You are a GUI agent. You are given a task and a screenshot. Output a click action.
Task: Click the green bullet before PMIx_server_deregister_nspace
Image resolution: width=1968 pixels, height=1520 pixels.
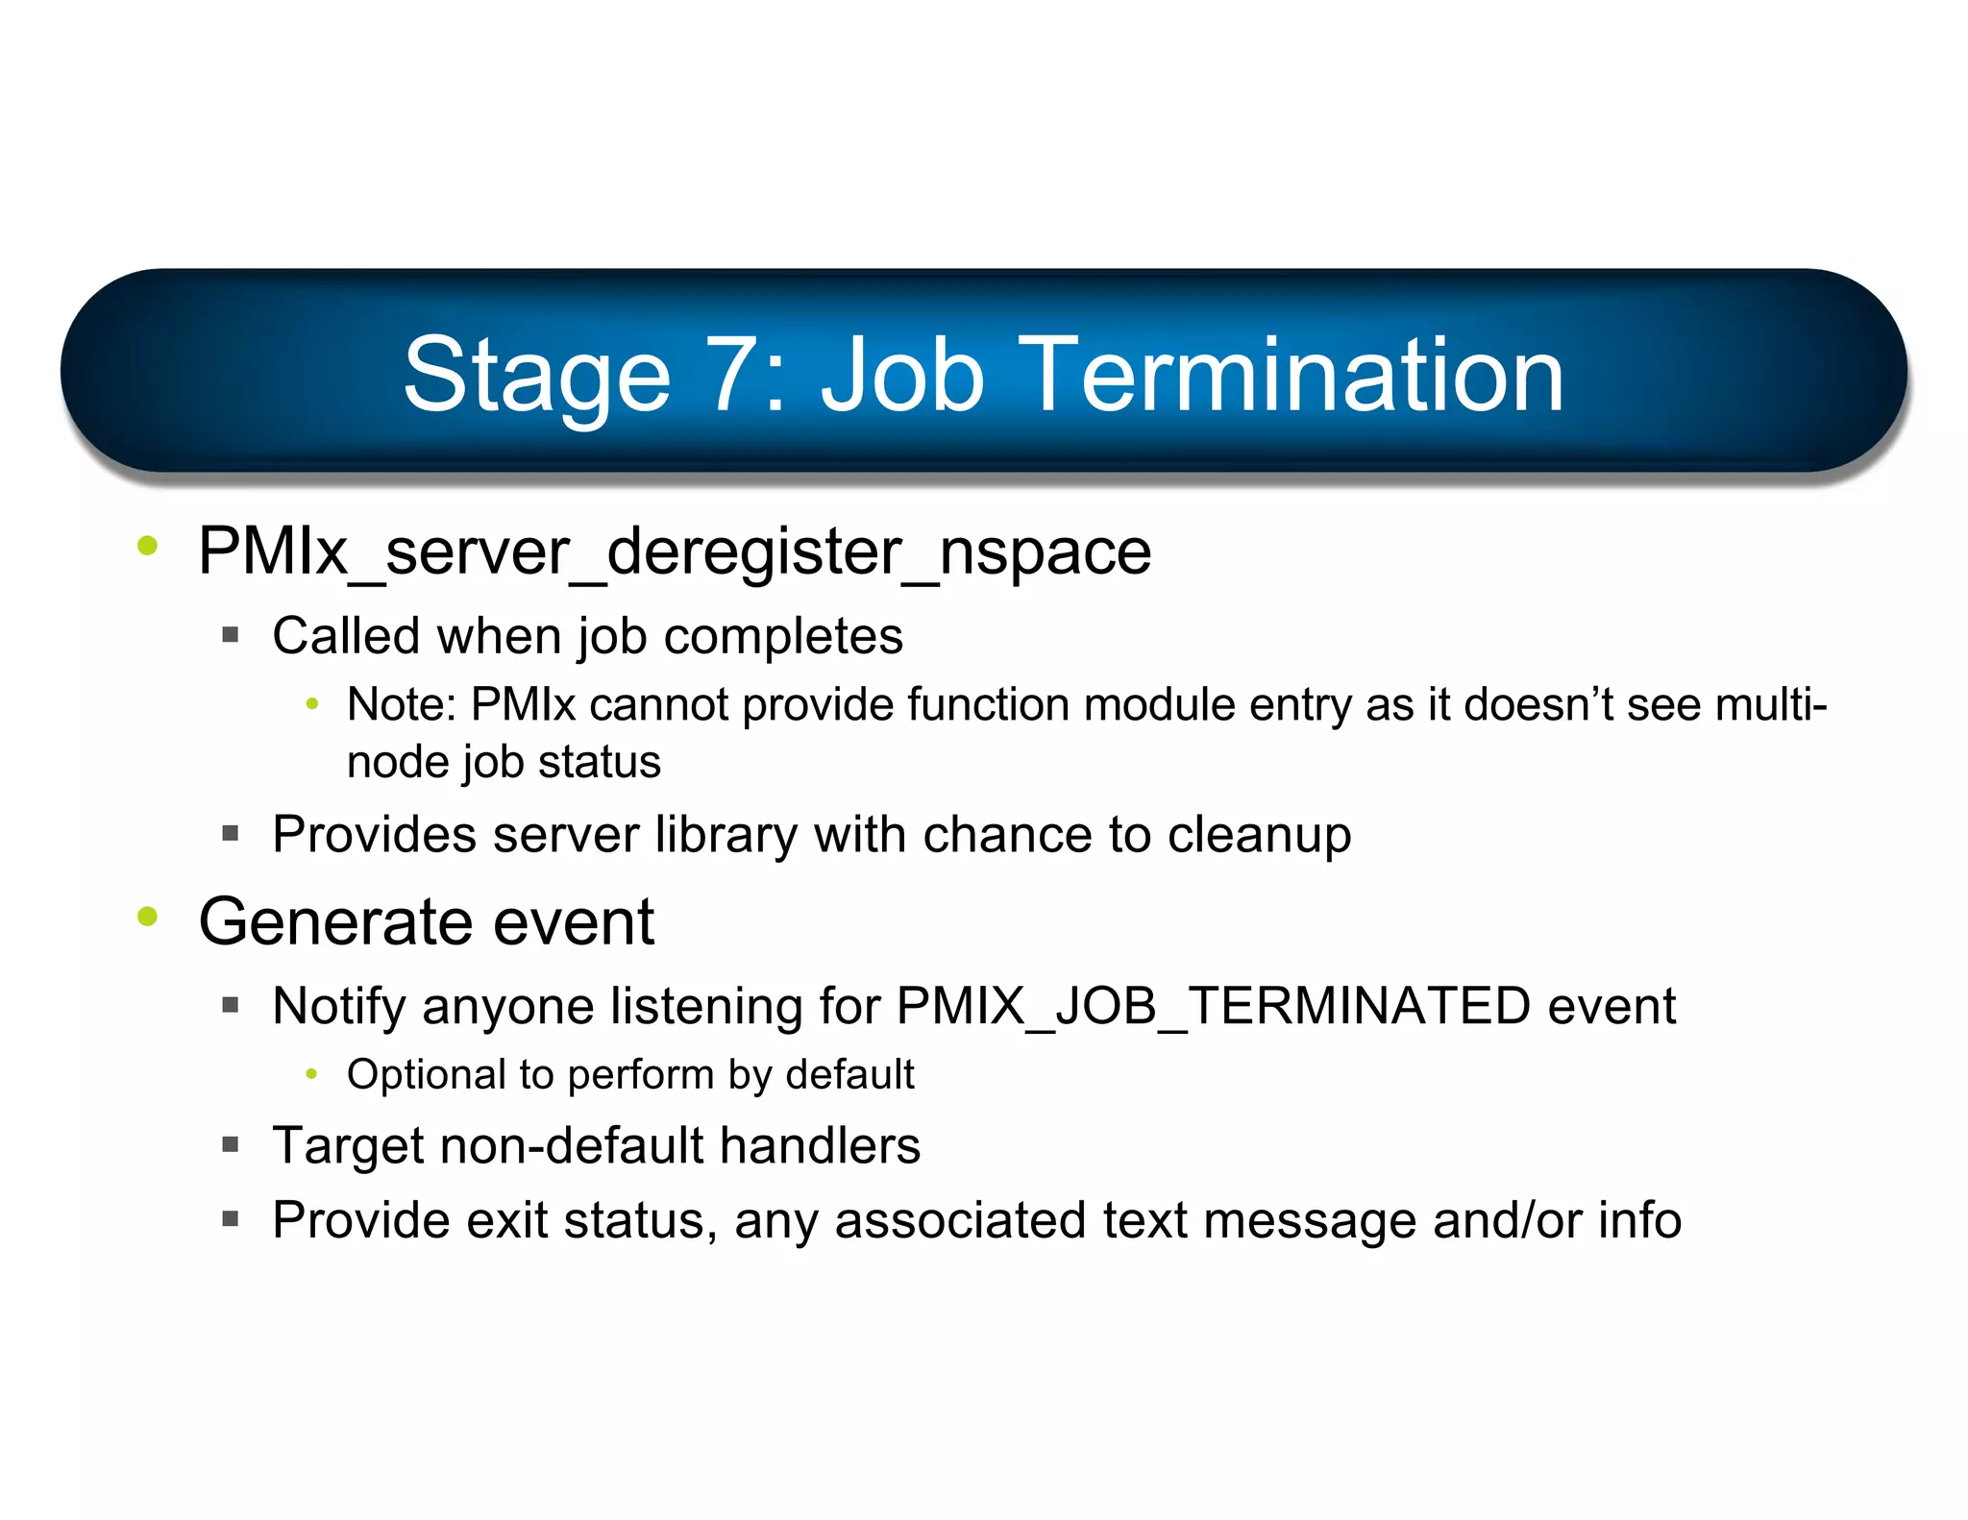(x=147, y=547)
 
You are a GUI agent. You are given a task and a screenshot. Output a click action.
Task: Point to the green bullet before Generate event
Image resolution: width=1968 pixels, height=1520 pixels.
(x=147, y=917)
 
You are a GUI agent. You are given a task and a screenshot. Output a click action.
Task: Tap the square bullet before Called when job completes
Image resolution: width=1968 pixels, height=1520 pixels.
(x=230, y=635)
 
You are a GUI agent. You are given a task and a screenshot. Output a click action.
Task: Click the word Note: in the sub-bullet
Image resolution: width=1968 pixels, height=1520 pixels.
(x=401, y=704)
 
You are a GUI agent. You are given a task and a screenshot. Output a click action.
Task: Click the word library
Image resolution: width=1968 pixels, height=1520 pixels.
(x=726, y=835)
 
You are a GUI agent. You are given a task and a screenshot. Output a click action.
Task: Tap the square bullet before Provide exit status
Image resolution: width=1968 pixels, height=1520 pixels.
(x=230, y=1219)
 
